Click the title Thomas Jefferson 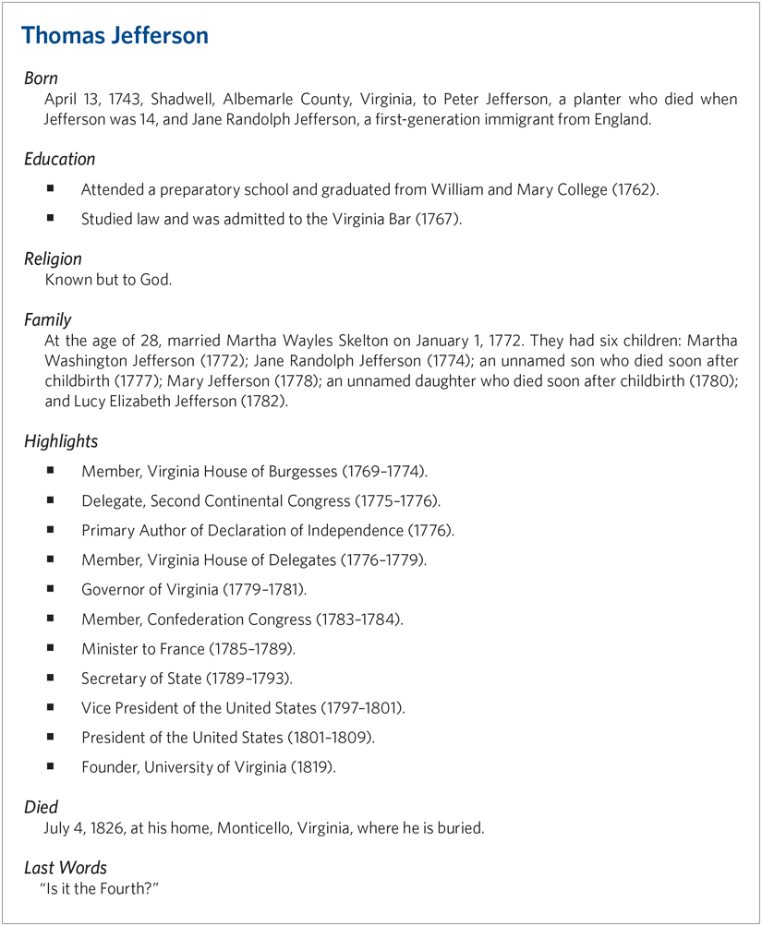[115, 36]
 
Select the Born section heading [41, 78]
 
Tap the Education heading [60, 159]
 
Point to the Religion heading [53, 259]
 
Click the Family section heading [48, 319]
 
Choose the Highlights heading [61, 441]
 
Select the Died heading [41, 808]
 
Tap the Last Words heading [66, 868]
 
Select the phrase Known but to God [108, 279]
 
